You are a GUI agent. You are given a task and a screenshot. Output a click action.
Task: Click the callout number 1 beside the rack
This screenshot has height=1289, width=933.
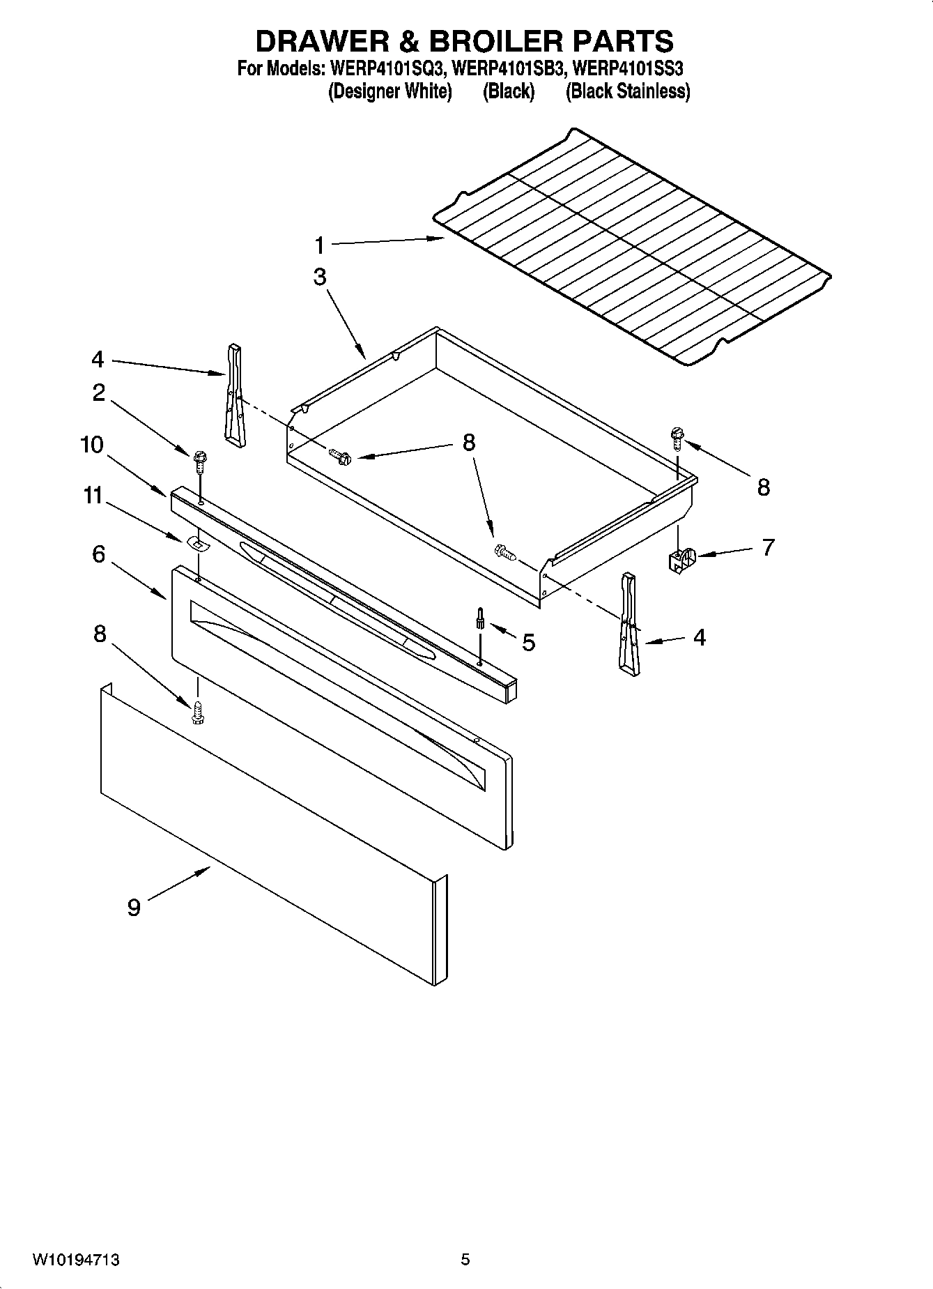click(319, 245)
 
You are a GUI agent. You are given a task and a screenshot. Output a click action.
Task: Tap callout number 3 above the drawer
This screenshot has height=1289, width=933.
click(319, 277)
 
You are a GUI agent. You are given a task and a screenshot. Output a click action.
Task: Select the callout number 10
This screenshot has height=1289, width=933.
click(91, 445)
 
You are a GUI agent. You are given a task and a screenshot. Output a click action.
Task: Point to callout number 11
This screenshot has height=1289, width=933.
click(93, 496)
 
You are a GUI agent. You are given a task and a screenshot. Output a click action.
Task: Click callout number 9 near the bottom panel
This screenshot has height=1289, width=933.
click(134, 907)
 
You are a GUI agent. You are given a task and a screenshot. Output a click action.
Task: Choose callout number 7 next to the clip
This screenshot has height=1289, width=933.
click(768, 547)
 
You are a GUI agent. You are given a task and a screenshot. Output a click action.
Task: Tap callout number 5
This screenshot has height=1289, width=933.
click(528, 642)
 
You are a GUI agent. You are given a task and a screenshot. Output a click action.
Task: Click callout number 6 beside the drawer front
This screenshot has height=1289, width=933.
click(98, 554)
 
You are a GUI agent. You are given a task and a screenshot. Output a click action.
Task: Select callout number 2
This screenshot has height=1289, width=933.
click(98, 392)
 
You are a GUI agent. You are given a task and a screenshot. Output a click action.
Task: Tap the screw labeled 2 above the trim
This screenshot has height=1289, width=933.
click(201, 460)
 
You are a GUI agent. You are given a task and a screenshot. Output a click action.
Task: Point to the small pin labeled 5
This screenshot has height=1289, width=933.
click(480, 618)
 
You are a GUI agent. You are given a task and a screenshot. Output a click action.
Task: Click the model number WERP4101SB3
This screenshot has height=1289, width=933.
click(508, 69)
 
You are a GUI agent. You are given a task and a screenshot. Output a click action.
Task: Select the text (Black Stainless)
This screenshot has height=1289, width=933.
click(628, 91)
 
